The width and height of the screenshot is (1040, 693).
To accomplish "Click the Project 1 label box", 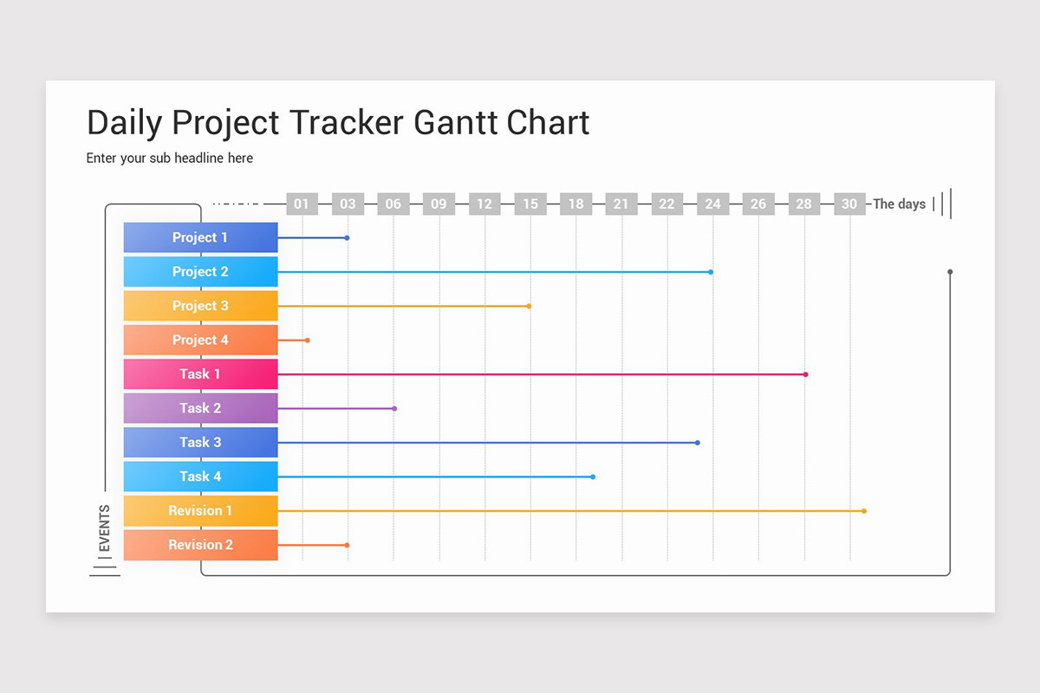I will [x=200, y=237].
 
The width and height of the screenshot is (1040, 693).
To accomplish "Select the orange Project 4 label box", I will [x=200, y=340].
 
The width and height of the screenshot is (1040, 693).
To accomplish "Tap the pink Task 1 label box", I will [x=200, y=374].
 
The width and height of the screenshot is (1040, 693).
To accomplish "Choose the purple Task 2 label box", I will [x=200, y=408].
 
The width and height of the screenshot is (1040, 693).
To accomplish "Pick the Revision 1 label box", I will [x=200, y=510].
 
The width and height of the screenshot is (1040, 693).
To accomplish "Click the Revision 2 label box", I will [x=200, y=545].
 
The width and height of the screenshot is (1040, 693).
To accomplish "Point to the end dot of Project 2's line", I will [x=711, y=272].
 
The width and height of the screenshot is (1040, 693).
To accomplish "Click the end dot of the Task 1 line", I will [x=805, y=374].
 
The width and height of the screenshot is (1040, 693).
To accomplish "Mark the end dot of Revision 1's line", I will [x=864, y=511].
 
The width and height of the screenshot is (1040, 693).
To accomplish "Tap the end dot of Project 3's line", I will [x=529, y=306].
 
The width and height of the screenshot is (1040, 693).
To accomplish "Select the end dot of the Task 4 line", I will [x=593, y=476].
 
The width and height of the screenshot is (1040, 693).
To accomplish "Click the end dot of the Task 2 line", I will [x=394, y=408].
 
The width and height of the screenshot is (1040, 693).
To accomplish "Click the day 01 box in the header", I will [x=302, y=204].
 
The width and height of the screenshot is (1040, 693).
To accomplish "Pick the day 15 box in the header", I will [x=530, y=204].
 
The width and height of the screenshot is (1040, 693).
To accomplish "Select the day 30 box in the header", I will [x=849, y=204].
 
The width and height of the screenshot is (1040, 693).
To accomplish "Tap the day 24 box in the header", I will [x=712, y=204].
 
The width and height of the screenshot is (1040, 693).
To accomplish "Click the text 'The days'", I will [x=900, y=204].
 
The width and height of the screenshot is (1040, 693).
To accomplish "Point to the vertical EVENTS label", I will [x=105, y=528].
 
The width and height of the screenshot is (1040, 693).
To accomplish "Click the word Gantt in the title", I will [x=456, y=123].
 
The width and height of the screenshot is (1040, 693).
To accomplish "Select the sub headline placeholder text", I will [x=170, y=159].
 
